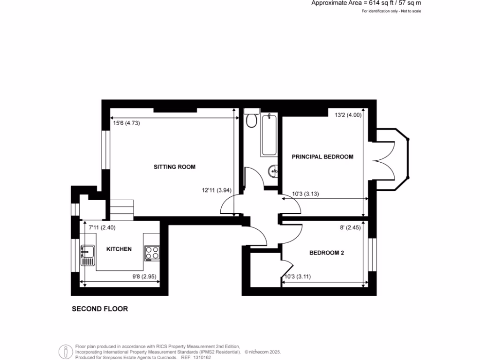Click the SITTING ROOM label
click(x=174, y=167)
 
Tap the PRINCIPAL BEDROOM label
click(x=322, y=157)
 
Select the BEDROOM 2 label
click(x=327, y=253)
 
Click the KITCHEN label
click(x=119, y=249)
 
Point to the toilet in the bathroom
click(x=251, y=120)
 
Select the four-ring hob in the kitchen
click(x=152, y=253)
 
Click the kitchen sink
click(x=88, y=255)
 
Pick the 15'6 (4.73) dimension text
click(x=127, y=123)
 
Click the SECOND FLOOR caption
click(x=99, y=309)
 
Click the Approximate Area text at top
click(x=366, y=3)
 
